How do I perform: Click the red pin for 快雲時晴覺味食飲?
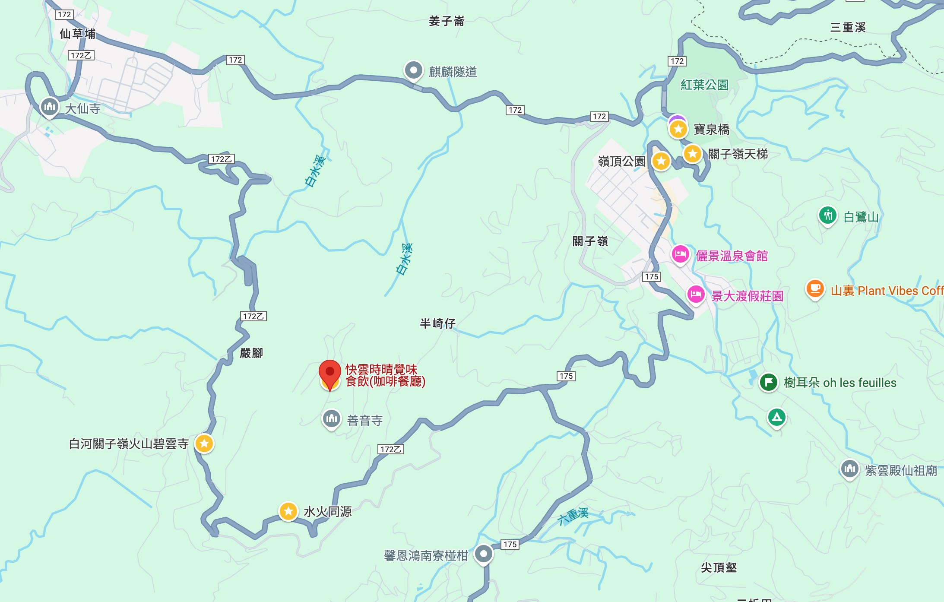330,373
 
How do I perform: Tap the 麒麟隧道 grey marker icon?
413,70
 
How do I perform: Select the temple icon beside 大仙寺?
49,106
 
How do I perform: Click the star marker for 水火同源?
288,511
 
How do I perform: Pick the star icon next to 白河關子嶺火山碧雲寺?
204,443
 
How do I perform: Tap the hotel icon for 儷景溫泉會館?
680,254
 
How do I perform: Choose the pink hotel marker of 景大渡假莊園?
696,295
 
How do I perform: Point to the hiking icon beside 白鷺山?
827,215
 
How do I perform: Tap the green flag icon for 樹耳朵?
769,382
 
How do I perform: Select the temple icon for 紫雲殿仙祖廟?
849,469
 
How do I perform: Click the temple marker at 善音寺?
332,418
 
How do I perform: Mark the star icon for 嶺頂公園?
661,161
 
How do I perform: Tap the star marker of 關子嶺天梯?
692,153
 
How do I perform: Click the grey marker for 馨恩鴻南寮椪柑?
484,554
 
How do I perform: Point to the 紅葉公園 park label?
704,85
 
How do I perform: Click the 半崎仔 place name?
437,323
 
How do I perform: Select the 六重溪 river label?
573,516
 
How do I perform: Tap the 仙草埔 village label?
77,34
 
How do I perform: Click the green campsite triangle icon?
776,417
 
